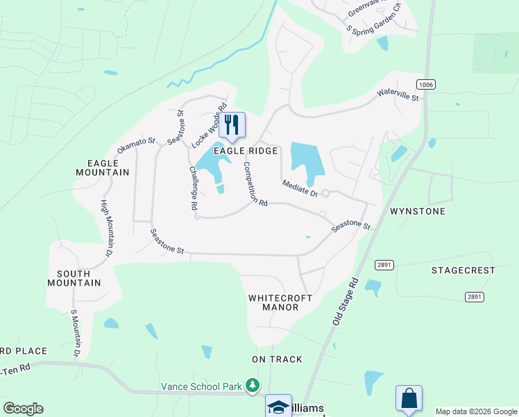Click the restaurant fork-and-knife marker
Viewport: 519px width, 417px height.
pos(232,125)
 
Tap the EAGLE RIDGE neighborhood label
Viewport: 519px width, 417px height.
pos(246,151)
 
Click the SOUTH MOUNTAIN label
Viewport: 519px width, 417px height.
pos(74,277)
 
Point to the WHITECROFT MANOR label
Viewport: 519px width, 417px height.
pos(280,302)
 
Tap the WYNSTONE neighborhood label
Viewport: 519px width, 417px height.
pos(418,211)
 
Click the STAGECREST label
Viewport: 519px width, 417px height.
pos(463,270)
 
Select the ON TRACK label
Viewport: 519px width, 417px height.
pos(277,359)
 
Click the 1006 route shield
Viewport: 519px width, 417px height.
pos(426,84)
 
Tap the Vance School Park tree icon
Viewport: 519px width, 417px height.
pos(253,384)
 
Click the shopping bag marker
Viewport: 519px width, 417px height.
pos(409,398)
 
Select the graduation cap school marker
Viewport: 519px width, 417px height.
pos(278,407)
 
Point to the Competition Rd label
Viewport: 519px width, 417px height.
pos(254,184)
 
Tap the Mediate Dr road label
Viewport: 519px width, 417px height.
pos(300,188)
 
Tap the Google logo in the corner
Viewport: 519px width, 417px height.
pos(23,409)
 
